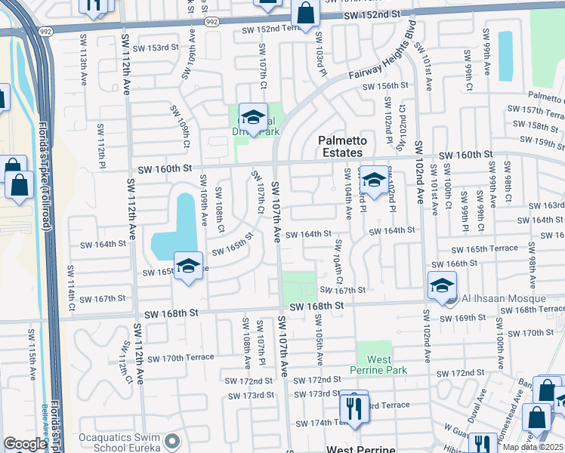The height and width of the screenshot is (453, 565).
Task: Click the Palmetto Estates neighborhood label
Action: [342, 146]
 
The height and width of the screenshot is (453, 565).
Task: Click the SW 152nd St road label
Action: [369, 15]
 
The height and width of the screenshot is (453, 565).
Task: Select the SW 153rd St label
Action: [168, 48]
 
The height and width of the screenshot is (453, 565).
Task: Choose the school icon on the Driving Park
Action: [254, 117]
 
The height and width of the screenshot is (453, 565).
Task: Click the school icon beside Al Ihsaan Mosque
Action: [442, 285]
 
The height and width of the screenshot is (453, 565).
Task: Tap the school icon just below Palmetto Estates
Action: [373, 180]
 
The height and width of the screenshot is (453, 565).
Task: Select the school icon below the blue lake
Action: [189, 266]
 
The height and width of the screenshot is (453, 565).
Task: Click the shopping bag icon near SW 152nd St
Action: [304, 12]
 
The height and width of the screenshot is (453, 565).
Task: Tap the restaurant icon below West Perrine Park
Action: [353, 408]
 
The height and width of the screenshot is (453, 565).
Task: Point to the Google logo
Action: [25, 444]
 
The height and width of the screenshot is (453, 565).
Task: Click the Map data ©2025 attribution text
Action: [533, 448]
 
